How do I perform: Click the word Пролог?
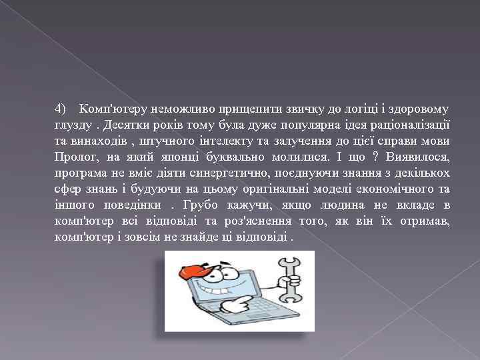77,157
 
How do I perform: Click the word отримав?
425,222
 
